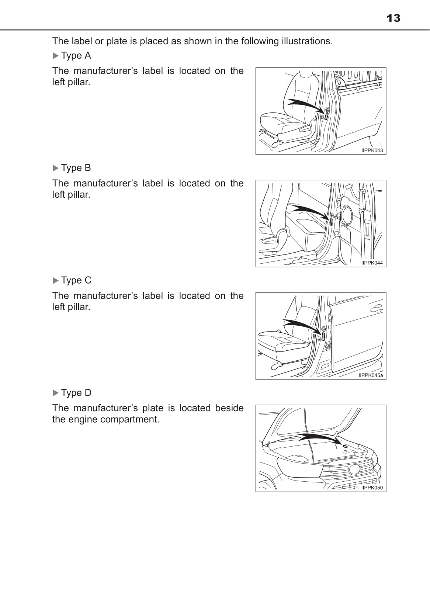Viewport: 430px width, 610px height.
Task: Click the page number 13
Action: tap(393, 18)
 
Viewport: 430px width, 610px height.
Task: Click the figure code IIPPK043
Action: tap(372, 150)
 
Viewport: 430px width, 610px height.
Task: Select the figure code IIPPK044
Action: tap(372, 263)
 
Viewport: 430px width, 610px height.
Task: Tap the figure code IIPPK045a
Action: tap(371, 375)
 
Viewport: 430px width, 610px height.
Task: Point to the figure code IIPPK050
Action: tap(372, 488)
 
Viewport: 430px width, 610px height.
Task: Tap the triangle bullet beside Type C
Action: tap(56, 281)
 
